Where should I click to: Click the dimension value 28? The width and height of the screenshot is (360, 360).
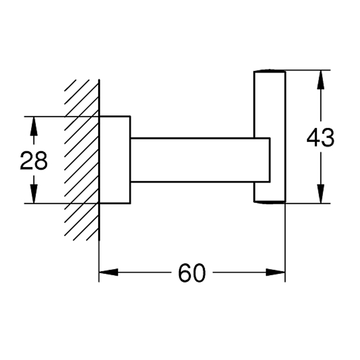click(34, 161)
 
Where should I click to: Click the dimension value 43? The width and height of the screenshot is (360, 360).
click(320, 138)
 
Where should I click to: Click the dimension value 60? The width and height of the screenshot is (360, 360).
click(192, 273)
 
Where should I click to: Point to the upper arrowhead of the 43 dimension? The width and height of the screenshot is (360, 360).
click(320, 79)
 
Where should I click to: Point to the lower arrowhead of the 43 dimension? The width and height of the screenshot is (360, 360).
click(320, 194)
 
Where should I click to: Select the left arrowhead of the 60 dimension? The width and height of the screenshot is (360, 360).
click(108, 273)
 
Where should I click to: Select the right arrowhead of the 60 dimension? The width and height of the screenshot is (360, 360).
click(275, 273)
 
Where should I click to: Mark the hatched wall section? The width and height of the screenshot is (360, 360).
click(82, 160)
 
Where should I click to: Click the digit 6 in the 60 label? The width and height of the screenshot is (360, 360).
click(185, 273)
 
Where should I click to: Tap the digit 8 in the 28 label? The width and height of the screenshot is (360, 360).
click(41, 161)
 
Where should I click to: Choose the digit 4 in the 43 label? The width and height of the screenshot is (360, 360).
click(314, 138)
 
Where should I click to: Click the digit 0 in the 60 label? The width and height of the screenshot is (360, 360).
click(199, 273)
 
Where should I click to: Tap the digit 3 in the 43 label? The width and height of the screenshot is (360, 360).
click(328, 138)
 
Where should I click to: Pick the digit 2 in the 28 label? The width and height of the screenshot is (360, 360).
click(27, 161)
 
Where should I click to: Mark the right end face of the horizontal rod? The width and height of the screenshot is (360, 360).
click(270, 160)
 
